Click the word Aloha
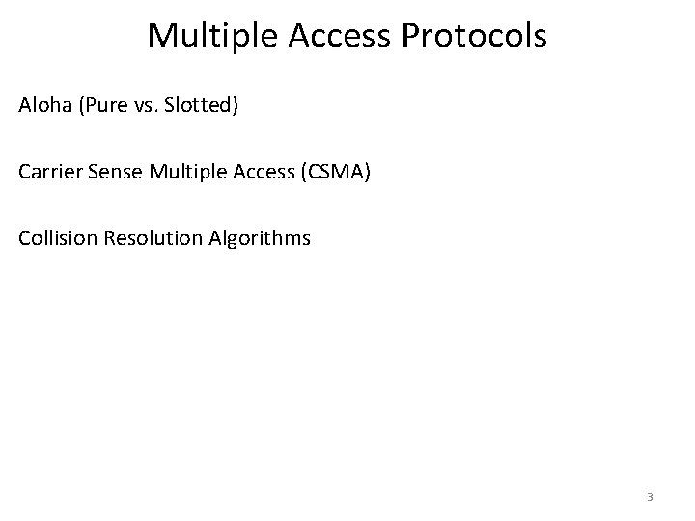tap(42, 104)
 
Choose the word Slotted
tap(195, 104)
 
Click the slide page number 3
tap(650, 498)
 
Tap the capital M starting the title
tap(161, 37)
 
